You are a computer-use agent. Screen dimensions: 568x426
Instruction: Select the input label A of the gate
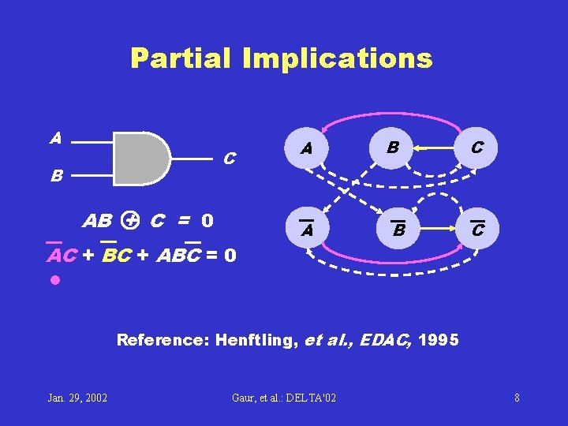pyautogui.click(x=55, y=138)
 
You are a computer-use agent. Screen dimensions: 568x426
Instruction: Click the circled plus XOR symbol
pyautogui.click(x=132, y=220)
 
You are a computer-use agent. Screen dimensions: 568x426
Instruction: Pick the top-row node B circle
pyautogui.click(x=393, y=147)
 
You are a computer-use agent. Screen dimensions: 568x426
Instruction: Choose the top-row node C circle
pyautogui.click(x=477, y=147)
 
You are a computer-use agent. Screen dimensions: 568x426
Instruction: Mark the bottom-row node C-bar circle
pyautogui.click(x=477, y=230)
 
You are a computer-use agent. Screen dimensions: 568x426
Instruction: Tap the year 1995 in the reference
pyautogui.click(x=440, y=341)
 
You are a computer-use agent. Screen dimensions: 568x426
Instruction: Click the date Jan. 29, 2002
pyautogui.click(x=77, y=397)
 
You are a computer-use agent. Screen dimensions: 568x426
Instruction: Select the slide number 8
pyautogui.click(x=517, y=397)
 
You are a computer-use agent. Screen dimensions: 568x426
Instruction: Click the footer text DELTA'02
pyautogui.click(x=307, y=397)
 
